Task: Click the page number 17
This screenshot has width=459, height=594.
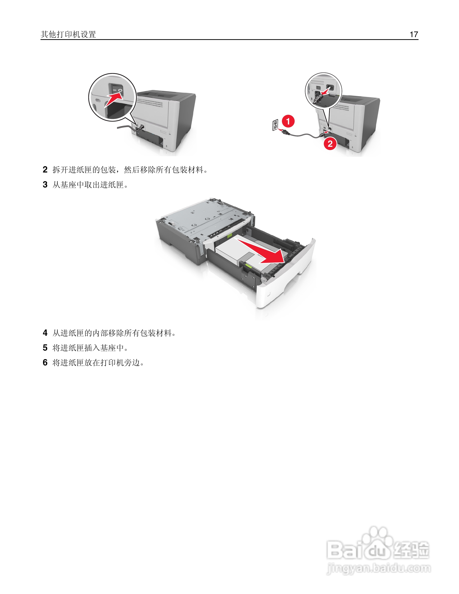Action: pos(414,34)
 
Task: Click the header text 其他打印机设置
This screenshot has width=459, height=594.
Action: pos(68,34)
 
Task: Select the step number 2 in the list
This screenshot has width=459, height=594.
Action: pos(45,170)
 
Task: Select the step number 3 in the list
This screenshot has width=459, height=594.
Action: pos(45,185)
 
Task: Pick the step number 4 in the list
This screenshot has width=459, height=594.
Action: pos(45,333)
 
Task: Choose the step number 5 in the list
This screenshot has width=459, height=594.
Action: pos(45,348)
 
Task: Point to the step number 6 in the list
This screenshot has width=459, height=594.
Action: pos(45,363)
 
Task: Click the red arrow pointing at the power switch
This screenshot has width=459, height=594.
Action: pos(114,99)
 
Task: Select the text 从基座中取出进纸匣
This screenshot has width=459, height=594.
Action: pos(88,185)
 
